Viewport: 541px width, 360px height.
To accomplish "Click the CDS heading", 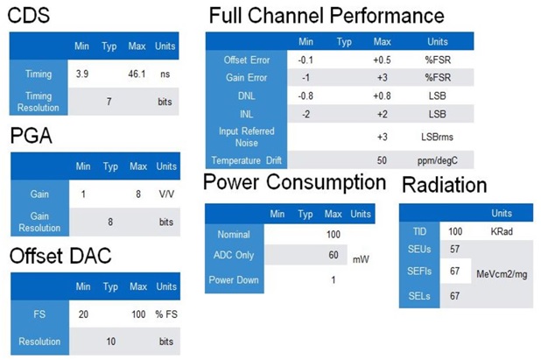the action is click(x=29, y=16).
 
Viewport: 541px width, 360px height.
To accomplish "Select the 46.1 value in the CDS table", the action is click(x=137, y=74).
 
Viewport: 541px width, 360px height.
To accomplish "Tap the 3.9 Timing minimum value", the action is click(x=82, y=74).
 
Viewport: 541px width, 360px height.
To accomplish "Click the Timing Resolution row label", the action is click(x=39, y=102).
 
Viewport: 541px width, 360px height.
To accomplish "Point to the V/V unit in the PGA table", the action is click(x=166, y=194).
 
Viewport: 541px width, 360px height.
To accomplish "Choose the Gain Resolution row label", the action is click(x=39, y=222).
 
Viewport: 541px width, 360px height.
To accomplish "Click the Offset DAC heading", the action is click(x=60, y=256).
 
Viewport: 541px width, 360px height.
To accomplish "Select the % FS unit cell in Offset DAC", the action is click(x=166, y=314).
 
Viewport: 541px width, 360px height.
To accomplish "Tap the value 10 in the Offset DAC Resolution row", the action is click(x=111, y=342).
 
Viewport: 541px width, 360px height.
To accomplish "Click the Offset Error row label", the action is click(x=247, y=60).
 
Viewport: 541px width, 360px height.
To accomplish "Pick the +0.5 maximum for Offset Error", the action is click(x=382, y=60).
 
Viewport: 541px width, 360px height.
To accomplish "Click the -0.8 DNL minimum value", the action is click(x=306, y=95).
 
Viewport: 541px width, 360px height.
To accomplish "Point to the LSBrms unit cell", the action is click(x=437, y=137).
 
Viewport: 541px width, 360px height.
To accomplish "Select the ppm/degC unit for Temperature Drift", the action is click(x=438, y=160).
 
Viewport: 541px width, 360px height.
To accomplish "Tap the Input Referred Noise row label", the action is click(x=246, y=137).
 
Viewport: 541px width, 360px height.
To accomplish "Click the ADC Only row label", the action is click(x=234, y=255).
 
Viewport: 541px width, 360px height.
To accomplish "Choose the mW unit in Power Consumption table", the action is click(x=361, y=259).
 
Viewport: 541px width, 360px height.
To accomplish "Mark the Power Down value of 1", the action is click(x=334, y=280).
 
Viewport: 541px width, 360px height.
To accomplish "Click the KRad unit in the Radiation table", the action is click(x=502, y=231).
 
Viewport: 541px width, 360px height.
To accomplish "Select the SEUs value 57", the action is click(x=454, y=250).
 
